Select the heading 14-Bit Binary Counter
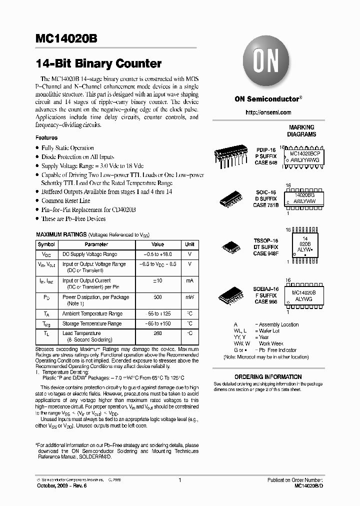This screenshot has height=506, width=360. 98,64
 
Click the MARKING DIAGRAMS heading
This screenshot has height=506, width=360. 301,130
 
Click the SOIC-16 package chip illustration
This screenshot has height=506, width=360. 232,198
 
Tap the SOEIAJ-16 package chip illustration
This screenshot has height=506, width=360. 231,295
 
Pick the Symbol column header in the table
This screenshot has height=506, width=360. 46,244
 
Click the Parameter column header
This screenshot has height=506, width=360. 96,244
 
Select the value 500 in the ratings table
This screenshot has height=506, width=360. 157,297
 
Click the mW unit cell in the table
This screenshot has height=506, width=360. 189,297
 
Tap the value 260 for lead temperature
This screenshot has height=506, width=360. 157,333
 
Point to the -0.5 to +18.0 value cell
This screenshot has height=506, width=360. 157,254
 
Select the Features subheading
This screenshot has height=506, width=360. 46,137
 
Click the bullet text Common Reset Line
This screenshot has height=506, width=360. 66,200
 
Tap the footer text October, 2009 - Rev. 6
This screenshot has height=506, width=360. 60,485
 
